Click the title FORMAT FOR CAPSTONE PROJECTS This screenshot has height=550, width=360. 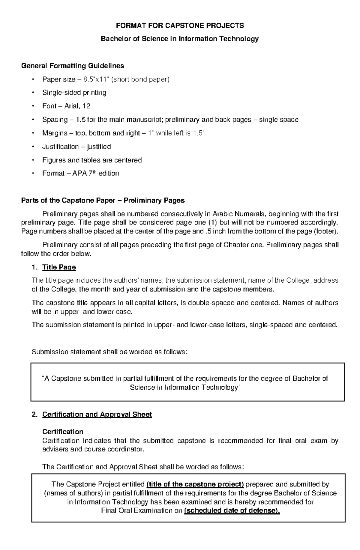[x=180, y=25]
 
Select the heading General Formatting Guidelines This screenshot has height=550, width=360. [x=73, y=65]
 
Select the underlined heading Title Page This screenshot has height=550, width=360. [x=59, y=267]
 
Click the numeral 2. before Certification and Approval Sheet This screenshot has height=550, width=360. [x=35, y=415]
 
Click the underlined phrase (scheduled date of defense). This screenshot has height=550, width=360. [x=232, y=511]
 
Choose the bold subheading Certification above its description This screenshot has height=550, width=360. [x=63, y=432]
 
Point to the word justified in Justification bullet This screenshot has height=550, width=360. [x=99, y=147]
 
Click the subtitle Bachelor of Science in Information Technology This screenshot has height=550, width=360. [x=180, y=39]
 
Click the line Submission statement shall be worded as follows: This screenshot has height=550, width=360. [x=109, y=352]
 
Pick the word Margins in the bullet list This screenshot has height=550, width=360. [x=55, y=133]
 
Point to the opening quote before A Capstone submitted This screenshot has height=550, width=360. [x=43, y=378]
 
